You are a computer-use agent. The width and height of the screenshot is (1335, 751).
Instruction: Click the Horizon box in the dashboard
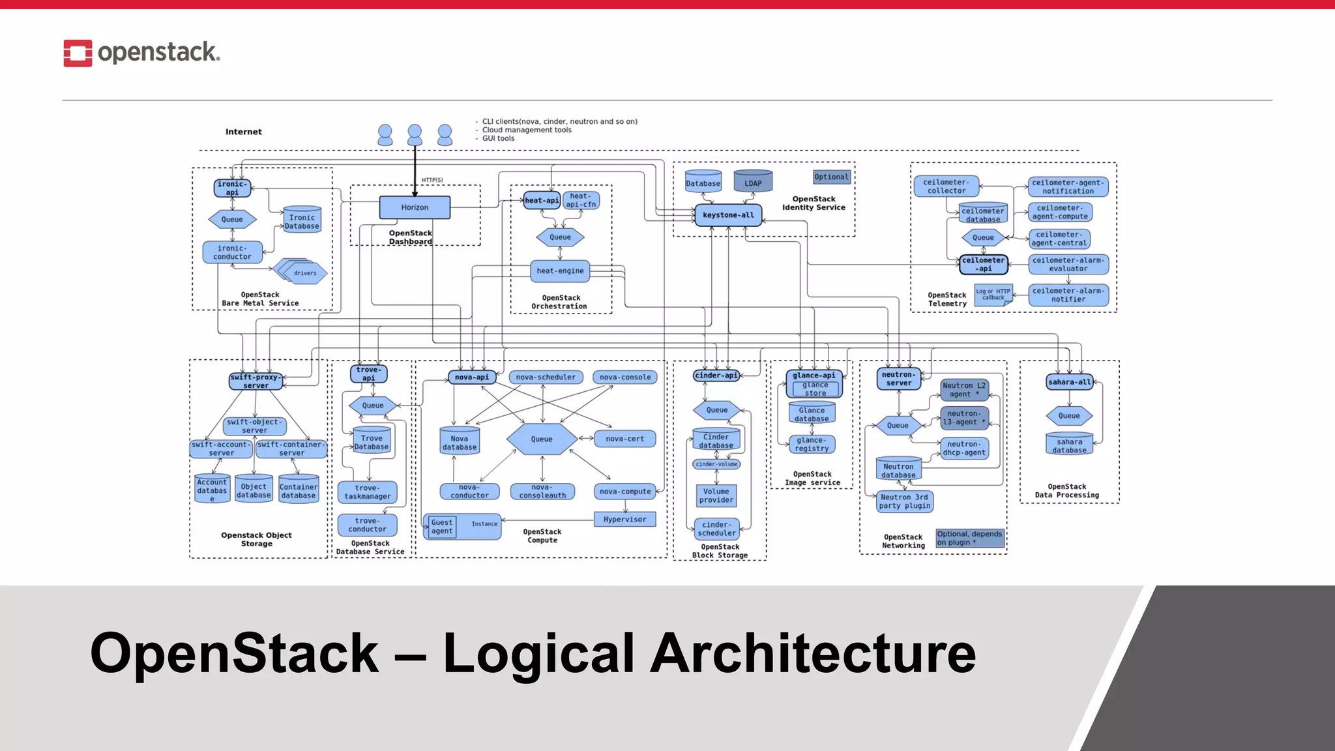click(x=415, y=207)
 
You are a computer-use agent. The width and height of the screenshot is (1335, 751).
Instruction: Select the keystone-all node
click(x=728, y=215)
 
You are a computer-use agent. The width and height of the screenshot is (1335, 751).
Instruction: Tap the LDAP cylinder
click(x=753, y=183)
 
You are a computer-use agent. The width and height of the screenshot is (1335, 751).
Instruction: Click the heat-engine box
click(x=560, y=271)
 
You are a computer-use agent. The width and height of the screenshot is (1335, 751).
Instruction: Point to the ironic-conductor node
click(x=232, y=252)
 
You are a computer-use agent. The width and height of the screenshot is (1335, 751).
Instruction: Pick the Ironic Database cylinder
click(x=302, y=221)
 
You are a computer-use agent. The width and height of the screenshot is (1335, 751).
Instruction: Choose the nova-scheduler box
click(x=546, y=377)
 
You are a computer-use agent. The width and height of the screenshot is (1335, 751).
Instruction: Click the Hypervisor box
click(x=624, y=520)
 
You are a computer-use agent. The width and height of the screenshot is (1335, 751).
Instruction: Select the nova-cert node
click(x=624, y=439)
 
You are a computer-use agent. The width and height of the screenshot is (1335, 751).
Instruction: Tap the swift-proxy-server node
click(x=256, y=381)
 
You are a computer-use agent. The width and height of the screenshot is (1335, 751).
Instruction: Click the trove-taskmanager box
click(x=368, y=492)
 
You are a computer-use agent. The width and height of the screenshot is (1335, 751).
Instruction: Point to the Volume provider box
click(x=716, y=496)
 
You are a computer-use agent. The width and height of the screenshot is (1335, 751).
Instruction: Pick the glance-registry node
click(x=812, y=445)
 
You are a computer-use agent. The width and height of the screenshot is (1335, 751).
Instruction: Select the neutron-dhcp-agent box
click(x=965, y=449)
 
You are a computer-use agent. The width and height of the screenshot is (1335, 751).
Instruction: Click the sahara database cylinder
click(x=1069, y=445)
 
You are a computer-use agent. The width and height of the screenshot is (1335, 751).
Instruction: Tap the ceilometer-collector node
click(x=946, y=186)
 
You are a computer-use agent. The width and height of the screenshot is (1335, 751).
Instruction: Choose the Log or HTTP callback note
click(x=993, y=295)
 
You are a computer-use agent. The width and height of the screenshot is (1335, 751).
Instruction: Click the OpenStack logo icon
click(x=78, y=53)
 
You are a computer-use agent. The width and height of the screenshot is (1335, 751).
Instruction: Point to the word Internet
click(x=244, y=132)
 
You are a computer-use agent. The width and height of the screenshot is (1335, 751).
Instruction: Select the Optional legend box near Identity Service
click(x=831, y=177)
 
